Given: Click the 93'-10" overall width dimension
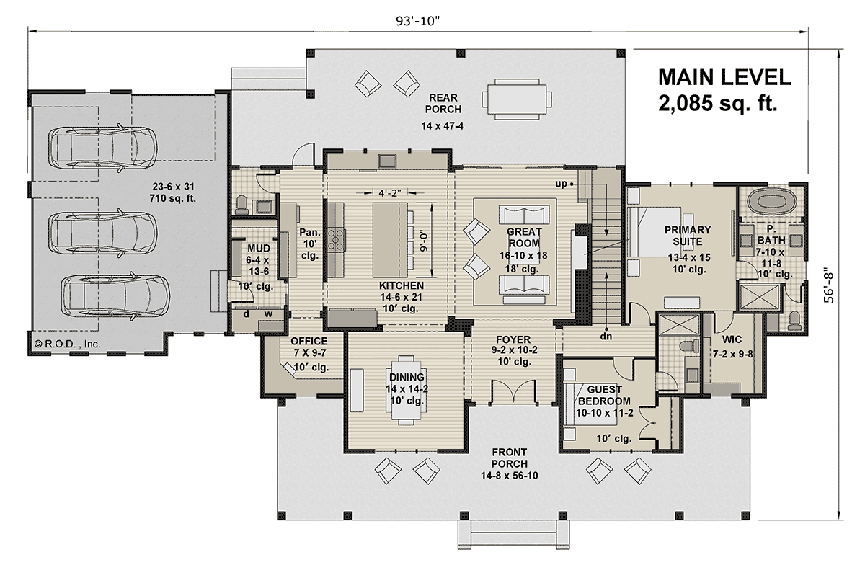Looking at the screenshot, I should coord(420,19).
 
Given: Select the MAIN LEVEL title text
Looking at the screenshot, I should coord(724,77).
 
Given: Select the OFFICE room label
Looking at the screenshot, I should coord(309,341).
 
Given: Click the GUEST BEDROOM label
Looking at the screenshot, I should coord(605,395).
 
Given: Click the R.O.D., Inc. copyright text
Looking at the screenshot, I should coord(66,344).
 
